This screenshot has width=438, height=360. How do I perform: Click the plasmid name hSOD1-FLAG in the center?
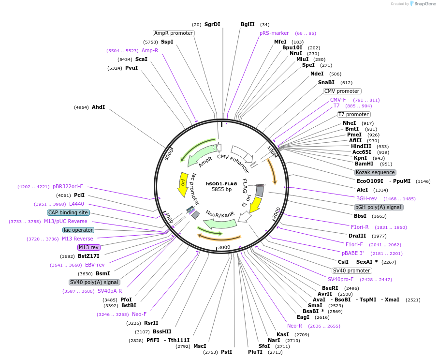tap(222, 184)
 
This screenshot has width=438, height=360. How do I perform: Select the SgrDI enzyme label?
tap(212, 24)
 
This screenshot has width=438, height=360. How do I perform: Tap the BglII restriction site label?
tap(248, 24)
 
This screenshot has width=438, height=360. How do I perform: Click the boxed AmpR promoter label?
tap(174, 33)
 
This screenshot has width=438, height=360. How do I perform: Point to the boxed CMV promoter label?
tap(342, 91)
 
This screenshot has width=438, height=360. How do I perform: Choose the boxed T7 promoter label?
tap(353, 115)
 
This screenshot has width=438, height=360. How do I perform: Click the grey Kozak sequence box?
tap(375, 172)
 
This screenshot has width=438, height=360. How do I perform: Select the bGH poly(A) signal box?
tap(378, 207)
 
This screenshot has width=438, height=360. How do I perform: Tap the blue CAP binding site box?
tap(68, 212)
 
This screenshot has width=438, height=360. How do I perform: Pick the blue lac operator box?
tap(78, 230)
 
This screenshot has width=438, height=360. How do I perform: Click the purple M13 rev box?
tap(89, 247)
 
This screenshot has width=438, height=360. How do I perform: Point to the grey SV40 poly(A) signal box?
tap(94, 282)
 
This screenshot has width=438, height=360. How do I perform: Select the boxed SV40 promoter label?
tap(351, 270)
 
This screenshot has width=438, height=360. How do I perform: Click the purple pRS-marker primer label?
tap(274, 33)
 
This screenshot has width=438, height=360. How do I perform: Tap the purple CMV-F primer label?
tap(338, 100)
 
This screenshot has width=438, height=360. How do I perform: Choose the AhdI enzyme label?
tap(98, 107)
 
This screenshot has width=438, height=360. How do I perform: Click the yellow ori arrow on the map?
tap(183, 184)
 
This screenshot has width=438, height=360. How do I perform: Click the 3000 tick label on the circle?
tap(224, 247)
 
